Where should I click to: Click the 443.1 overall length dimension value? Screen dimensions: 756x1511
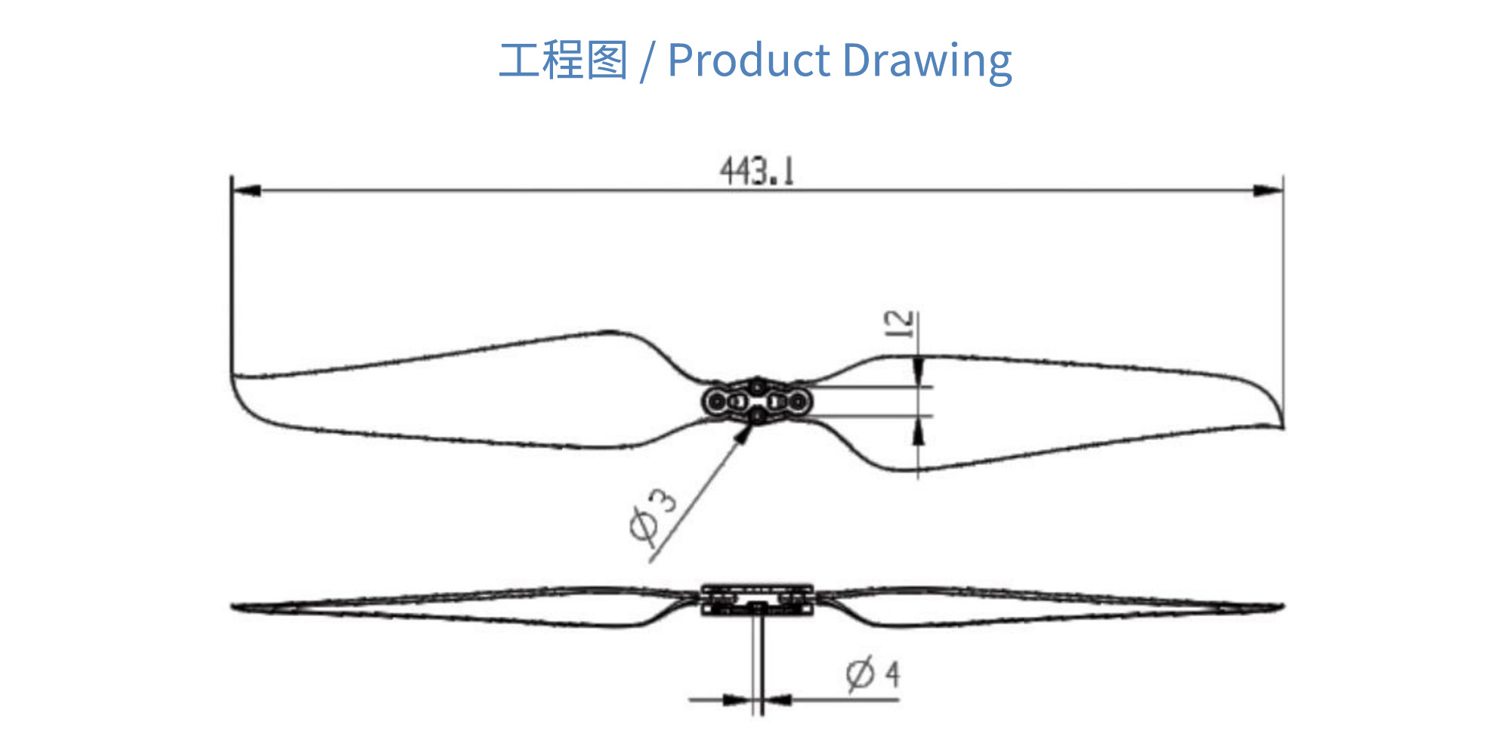point(757,171)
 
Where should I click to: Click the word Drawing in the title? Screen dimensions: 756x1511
point(927,60)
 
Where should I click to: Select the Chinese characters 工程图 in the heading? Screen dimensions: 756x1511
point(563,60)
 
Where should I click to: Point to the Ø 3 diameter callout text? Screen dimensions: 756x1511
point(653,515)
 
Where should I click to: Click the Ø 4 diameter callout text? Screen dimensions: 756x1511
point(873,674)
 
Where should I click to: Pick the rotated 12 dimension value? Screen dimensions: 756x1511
point(899,324)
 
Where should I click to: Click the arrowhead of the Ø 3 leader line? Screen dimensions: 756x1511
point(746,432)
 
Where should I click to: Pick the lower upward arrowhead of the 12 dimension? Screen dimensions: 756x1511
point(918,431)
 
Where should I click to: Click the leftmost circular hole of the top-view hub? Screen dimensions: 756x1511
point(715,401)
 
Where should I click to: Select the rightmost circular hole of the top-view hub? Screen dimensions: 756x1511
point(799,401)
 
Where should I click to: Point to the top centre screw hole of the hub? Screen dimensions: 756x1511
point(757,386)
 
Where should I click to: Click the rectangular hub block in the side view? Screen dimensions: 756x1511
point(757,599)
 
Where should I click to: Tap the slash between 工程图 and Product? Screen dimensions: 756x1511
point(646,62)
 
